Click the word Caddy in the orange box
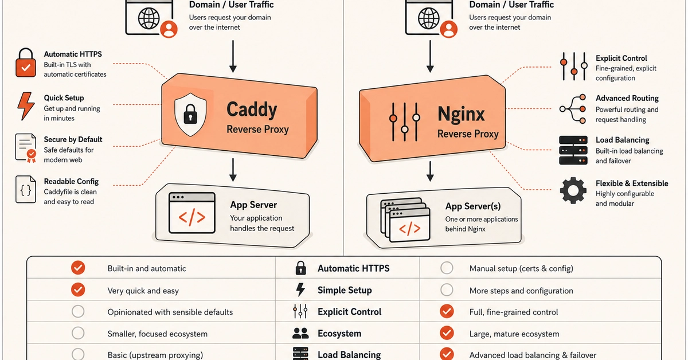pos(252,110)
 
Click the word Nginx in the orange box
pos(461,114)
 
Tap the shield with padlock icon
pos(190,115)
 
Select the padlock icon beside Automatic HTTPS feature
pos(26,62)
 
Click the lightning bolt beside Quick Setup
pos(26,106)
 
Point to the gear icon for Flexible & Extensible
pos(573,190)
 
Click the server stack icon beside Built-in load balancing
pos(573,150)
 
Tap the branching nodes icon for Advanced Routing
pos(573,109)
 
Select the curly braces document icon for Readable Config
pos(26,190)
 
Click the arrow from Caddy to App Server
pos(233,170)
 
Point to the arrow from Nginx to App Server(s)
pos(431,171)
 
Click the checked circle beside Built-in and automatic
pos(78,268)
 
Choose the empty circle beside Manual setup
pos(447,268)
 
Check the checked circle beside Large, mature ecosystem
pos(447,333)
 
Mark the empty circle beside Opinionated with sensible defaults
pos(78,311)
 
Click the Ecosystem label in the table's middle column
pos(339,334)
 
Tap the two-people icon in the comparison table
pos(300,333)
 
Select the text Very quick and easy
pos(143,291)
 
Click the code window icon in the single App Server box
pos(192,213)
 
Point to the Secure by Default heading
pos(73,139)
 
